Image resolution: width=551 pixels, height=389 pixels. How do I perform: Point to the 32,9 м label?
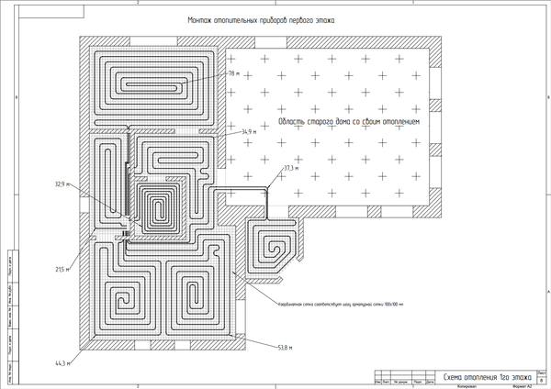62,183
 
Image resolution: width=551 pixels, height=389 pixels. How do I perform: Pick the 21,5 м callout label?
62,269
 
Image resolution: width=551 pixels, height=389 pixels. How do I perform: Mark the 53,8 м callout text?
285,347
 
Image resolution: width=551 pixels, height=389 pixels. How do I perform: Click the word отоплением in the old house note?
398,121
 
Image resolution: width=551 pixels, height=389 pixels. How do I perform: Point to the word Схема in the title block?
457,376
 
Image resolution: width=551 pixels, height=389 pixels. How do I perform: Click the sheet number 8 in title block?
541,378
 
